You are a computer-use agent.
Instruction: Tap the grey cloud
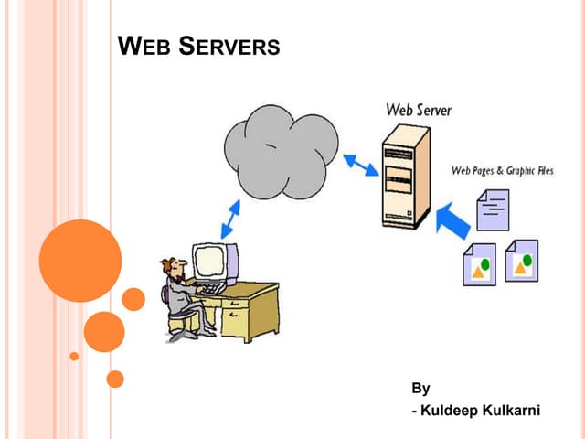click(x=280, y=153)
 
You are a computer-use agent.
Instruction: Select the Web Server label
click(x=419, y=110)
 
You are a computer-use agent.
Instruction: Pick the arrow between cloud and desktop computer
click(x=231, y=219)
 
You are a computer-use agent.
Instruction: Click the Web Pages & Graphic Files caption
click(x=503, y=171)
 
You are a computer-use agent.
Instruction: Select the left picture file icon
click(x=479, y=264)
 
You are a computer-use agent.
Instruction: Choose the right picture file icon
click(x=522, y=262)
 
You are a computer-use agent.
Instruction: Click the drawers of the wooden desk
click(x=236, y=320)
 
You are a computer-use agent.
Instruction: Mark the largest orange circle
click(x=80, y=261)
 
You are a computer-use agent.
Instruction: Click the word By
click(x=420, y=388)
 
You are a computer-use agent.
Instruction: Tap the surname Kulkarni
click(x=514, y=410)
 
